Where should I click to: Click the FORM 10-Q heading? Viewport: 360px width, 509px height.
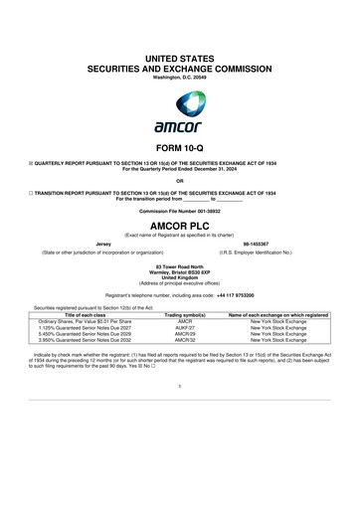tap(180, 150)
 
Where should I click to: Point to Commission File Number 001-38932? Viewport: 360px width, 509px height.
tap(180, 214)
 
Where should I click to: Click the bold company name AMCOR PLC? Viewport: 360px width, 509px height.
tap(180, 228)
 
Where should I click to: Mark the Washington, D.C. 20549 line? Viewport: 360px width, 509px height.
tap(180, 50)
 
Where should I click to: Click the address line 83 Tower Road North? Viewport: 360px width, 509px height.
tap(180, 264)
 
